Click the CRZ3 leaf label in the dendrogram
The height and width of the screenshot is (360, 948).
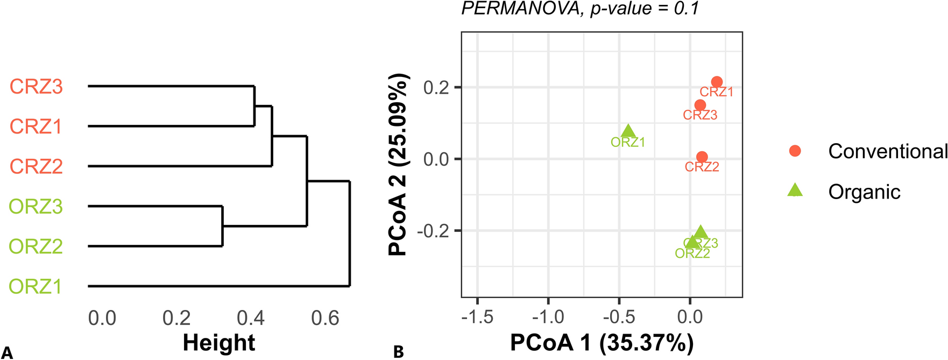pos(36,87)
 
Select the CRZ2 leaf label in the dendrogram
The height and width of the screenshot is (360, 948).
pos(36,166)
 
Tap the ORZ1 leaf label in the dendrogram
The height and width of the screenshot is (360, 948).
pos(36,286)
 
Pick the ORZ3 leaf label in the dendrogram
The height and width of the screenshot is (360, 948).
pos(36,207)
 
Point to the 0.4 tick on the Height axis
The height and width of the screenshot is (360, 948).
pos(251,318)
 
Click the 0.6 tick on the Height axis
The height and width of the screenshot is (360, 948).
pos(325,318)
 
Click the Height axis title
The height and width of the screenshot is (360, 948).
pos(219,343)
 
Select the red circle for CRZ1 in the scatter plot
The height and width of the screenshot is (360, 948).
pos(717,82)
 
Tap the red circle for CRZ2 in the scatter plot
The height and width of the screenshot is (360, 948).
pos(702,157)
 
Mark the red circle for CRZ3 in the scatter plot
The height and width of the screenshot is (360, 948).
pos(700,105)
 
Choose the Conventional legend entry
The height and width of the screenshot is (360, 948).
pos(887,151)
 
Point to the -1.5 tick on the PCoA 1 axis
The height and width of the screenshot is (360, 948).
pos(477,317)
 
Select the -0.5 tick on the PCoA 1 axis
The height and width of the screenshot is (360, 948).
pos(619,317)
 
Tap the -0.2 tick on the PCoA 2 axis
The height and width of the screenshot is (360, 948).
pos(434,231)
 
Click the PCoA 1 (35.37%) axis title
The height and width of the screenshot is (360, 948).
pos(602,343)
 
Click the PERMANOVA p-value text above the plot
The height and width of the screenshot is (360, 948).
pos(580,8)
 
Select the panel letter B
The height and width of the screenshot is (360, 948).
pos(399,352)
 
